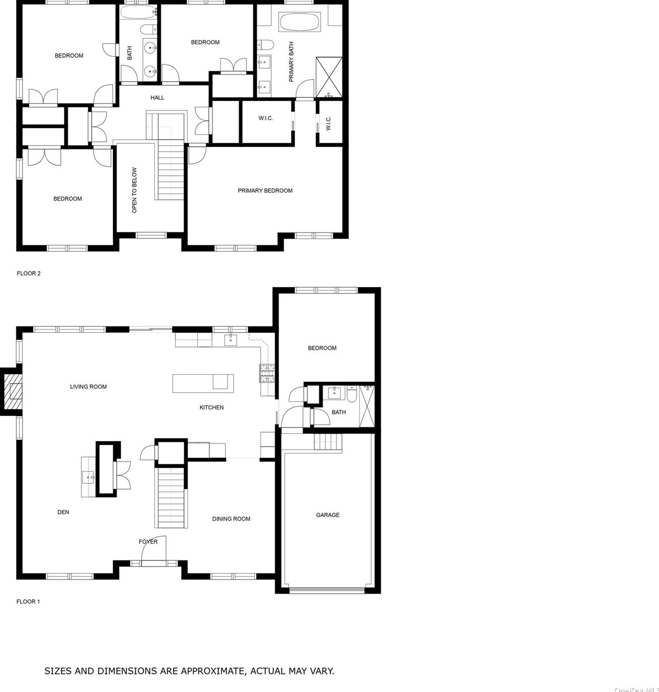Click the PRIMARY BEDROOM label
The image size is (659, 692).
click(x=265, y=191)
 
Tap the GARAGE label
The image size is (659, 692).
click(x=327, y=515)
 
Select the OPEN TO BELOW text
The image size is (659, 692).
click(x=134, y=190)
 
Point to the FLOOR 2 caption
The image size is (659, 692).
click(x=29, y=274)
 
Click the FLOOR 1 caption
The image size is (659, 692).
click(x=28, y=602)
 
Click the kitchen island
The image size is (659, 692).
click(x=203, y=383)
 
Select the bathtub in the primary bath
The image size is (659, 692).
click(x=299, y=22)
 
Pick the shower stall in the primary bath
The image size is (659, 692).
click(x=329, y=77)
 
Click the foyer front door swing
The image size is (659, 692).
click(x=153, y=551)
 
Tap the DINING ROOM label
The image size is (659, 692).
click(x=231, y=519)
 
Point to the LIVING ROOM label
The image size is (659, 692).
click(x=88, y=387)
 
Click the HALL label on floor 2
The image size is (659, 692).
click(x=157, y=98)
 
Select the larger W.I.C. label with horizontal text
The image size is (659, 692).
click(x=266, y=119)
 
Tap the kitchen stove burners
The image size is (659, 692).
click(x=267, y=373)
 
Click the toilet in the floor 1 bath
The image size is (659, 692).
click(x=352, y=395)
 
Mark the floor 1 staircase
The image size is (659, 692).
click(x=171, y=497)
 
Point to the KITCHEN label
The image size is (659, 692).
click(x=211, y=408)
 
